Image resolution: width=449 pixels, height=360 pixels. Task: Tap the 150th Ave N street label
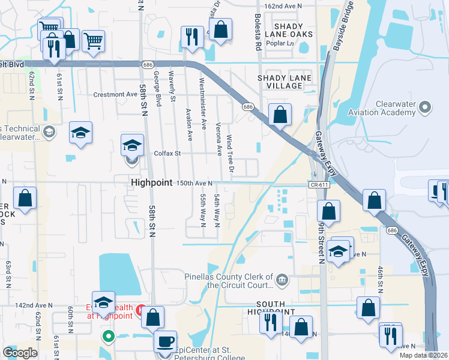[195, 182]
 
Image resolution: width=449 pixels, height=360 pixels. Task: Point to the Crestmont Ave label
[115, 95]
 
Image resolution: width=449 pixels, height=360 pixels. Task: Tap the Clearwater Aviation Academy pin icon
[426, 108]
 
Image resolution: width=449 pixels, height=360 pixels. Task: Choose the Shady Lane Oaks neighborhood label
[285, 31]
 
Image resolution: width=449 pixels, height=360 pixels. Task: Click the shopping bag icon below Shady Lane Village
[280, 114]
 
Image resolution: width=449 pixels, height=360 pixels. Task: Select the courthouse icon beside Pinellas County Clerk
[282, 280]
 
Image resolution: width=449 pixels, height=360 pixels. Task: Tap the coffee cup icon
[165, 341]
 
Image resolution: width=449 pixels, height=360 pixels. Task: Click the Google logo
[20, 352]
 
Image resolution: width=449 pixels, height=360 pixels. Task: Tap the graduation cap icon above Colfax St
[132, 145]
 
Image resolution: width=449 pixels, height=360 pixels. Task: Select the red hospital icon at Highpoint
[140, 310]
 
